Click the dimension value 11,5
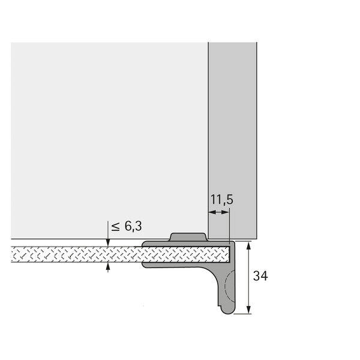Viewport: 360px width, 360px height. [x=221, y=200]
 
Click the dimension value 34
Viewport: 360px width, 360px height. [x=260, y=276]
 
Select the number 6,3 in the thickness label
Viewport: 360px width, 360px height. [x=133, y=226]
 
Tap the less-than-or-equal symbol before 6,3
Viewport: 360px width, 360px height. [x=115, y=227]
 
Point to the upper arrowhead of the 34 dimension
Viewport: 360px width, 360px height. [x=248, y=245]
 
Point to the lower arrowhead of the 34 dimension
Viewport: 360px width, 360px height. [x=248, y=310]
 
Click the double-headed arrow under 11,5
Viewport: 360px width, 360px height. [x=219, y=212]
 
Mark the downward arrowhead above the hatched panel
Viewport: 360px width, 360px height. [x=108, y=242]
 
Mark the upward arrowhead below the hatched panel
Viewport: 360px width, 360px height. [x=108, y=266]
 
